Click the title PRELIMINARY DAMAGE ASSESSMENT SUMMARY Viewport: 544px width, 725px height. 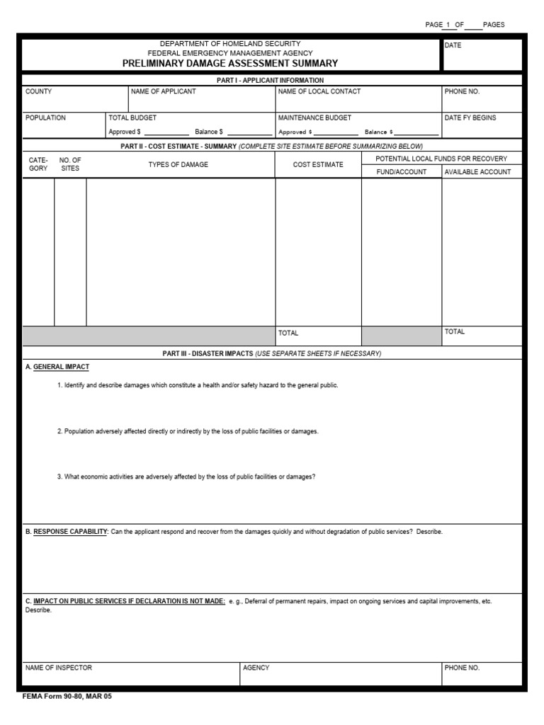click(x=230, y=63)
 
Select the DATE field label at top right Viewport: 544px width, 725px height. click(x=452, y=45)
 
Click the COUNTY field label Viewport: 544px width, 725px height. click(x=38, y=91)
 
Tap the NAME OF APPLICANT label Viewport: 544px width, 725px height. click(x=163, y=91)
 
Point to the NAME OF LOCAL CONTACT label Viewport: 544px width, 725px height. click(x=319, y=91)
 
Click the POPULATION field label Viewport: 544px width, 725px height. click(x=45, y=118)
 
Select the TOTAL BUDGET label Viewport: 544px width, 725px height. click(x=132, y=118)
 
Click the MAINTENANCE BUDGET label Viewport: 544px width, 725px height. click(x=314, y=118)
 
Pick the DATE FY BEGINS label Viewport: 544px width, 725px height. click(x=470, y=118)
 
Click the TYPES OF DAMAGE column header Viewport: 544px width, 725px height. click(x=178, y=164)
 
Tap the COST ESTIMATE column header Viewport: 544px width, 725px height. click(x=318, y=164)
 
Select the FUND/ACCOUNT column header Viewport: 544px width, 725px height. click(x=401, y=172)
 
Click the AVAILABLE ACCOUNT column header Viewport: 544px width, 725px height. click(x=477, y=172)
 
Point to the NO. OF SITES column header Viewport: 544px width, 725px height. click(x=70, y=164)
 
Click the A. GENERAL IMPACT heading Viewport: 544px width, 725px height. click(x=57, y=367)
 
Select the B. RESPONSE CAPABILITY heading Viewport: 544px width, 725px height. click(x=66, y=532)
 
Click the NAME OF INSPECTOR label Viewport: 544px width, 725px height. click(x=59, y=668)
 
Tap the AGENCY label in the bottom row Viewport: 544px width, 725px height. click(x=256, y=668)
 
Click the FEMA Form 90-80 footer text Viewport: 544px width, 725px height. click(x=67, y=697)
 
